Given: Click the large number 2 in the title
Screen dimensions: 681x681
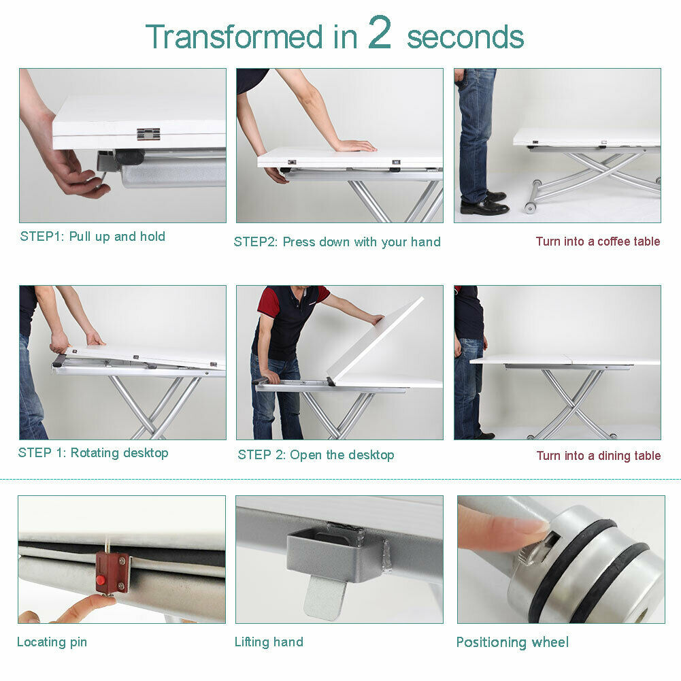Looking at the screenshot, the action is click(380, 32).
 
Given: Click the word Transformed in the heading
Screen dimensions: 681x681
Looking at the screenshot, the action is click(234, 36).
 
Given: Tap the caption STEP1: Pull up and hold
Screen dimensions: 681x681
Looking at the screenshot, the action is click(93, 236).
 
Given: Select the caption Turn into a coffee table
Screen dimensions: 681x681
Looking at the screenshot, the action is click(597, 241).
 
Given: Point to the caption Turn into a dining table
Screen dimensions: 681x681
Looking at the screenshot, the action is click(599, 456).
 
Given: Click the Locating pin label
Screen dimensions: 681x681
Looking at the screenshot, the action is click(52, 642).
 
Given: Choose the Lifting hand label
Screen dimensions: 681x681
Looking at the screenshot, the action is click(269, 642).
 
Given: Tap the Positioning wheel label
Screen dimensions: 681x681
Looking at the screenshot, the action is click(512, 642).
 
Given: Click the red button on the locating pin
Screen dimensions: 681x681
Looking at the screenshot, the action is click(101, 580).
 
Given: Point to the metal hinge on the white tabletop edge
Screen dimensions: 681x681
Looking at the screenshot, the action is click(148, 134).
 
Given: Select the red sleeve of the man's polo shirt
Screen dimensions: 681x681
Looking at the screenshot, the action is click(267, 303).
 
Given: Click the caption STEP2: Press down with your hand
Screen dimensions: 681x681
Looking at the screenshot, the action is click(337, 242).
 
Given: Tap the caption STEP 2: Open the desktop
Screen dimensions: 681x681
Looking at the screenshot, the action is click(316, 454).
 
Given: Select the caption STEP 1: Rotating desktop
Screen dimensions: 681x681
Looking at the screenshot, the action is click(93, 452).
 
